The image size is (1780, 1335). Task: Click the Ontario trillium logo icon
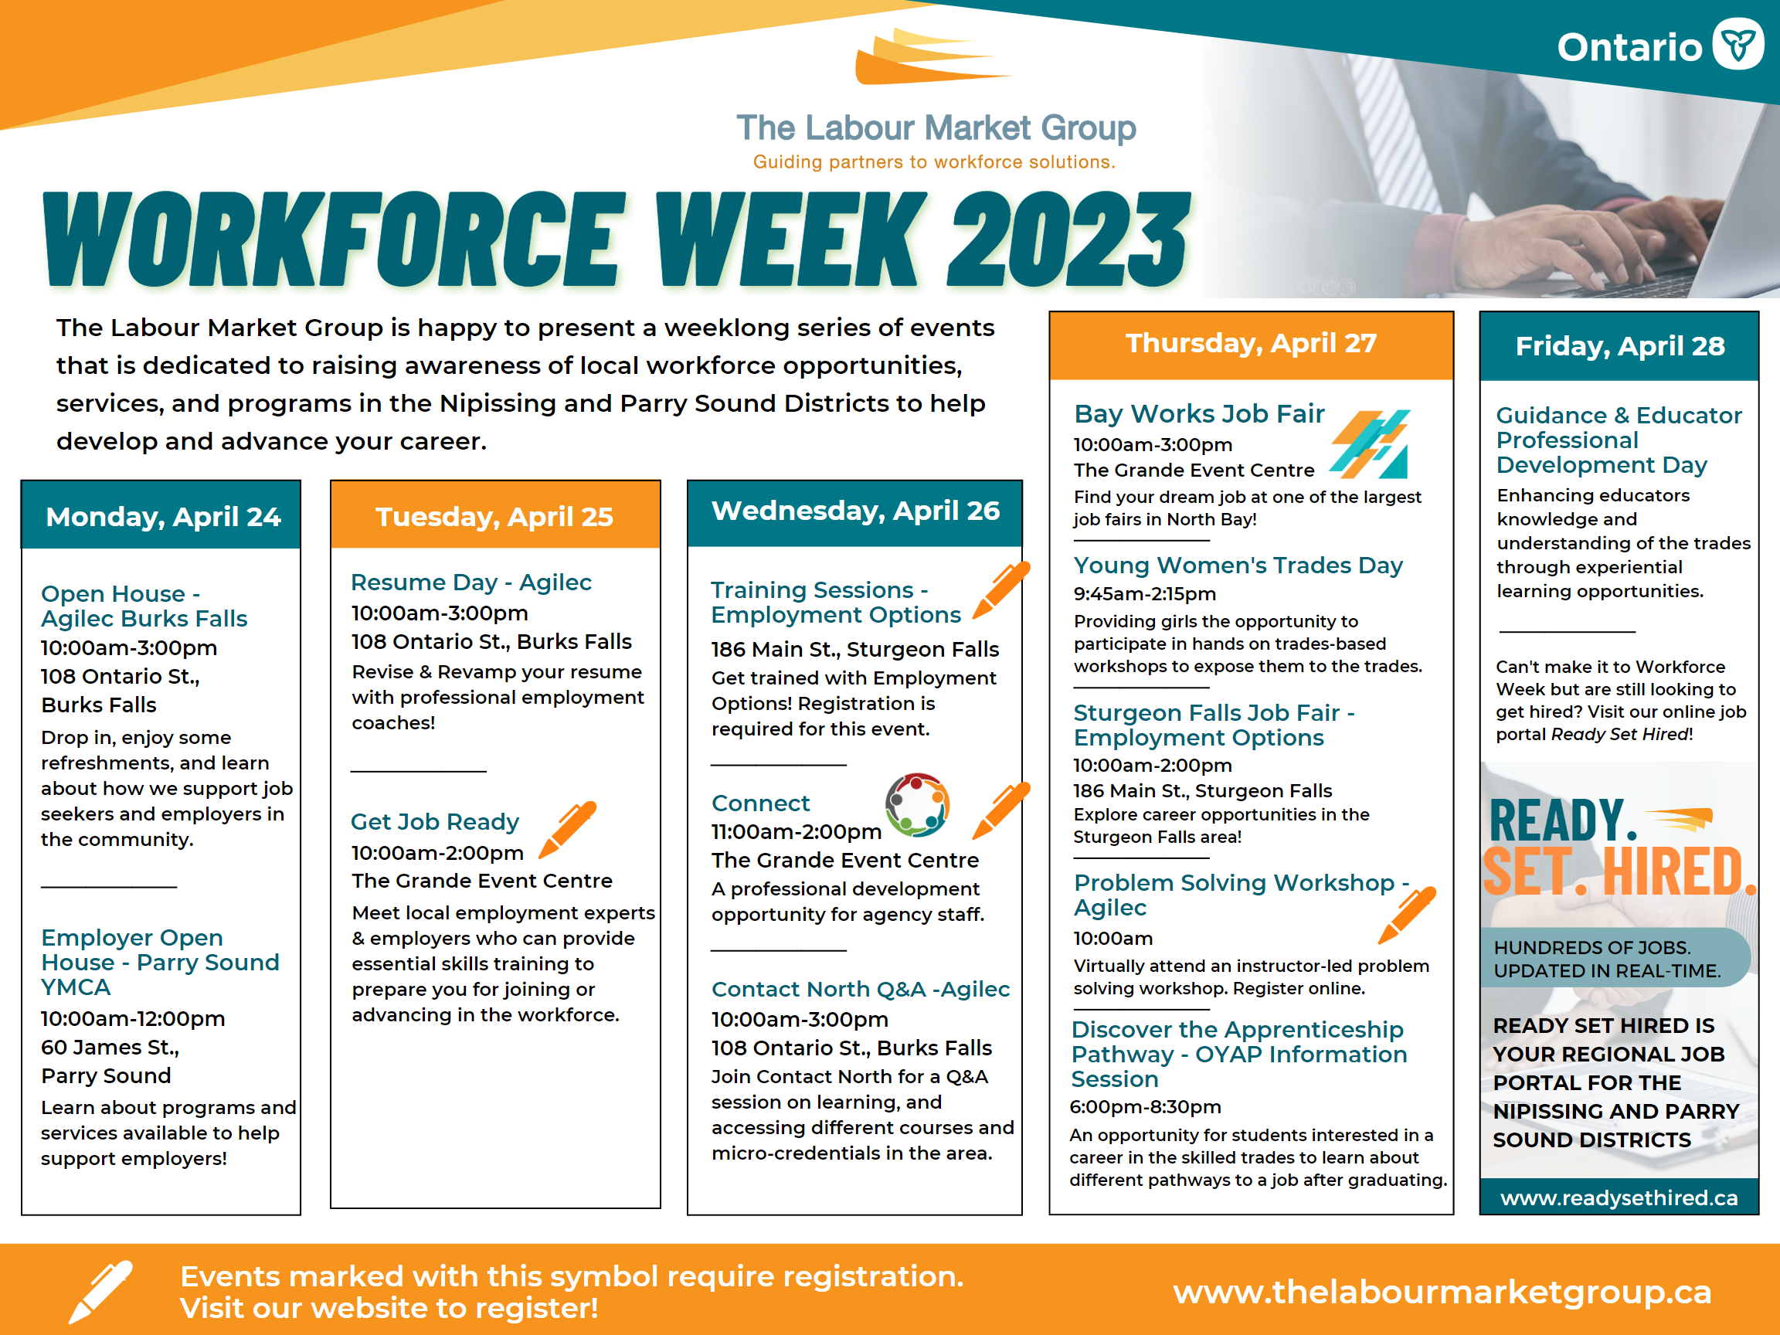coord(1738,44)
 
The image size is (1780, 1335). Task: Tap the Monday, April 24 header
coord(162,517)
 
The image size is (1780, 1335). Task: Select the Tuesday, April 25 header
coord(494,517)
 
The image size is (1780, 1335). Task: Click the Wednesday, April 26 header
coord(854,511)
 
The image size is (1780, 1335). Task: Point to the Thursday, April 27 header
coord(1251,344)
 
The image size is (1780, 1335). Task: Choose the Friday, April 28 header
coord(1620,347)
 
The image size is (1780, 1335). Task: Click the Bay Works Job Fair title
coord(1199,413)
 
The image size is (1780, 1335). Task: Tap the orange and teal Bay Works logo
coord(1370,444)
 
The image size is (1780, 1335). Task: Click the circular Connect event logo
coord(917,805)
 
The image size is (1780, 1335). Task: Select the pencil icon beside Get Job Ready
coord(568,829)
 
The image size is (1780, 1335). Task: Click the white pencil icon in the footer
coord(100,1291)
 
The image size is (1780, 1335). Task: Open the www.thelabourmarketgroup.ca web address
coord(1442,1293)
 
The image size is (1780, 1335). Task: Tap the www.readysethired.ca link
coord(1619,1198)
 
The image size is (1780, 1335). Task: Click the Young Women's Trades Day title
coord(1238,566)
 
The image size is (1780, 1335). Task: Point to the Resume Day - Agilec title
coord(470,582)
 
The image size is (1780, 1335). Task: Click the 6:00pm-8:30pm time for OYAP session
coord(1145,1107)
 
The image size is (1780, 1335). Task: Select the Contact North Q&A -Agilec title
coord(860,989)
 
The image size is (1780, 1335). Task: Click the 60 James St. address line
coord(110,1048)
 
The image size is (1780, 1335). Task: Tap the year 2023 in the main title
coord(1068,239)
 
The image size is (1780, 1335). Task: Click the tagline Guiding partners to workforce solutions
coord(934,161)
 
